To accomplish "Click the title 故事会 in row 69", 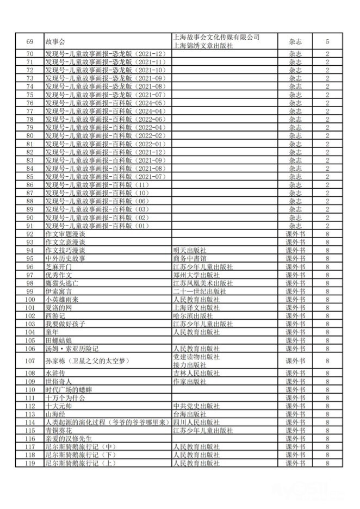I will tap(55, 41).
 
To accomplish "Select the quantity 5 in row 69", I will tap(327, 41).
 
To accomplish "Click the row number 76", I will tap(30, 103).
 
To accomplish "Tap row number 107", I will tap(30, 361).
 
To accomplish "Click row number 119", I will tap(30, 463).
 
